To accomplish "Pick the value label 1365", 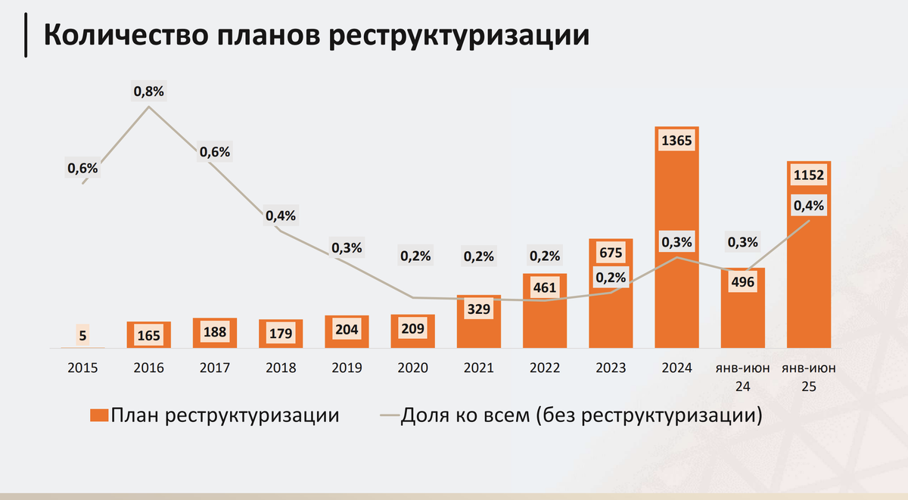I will [x=676, y=141].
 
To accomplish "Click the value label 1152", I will [x=809, y=176].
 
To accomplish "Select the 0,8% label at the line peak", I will [x=149, y=92].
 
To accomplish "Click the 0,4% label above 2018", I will [x=281, y=216].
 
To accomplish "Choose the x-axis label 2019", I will [x=347, y=368].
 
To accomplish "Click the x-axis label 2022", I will [x=545, y=368].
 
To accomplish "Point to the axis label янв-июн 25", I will [x=809, y=377].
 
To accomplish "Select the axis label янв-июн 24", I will [x=742, y=377].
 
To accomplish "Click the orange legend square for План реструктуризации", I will [x=99, y=415].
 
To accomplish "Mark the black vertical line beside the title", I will [x=27, y=36].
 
